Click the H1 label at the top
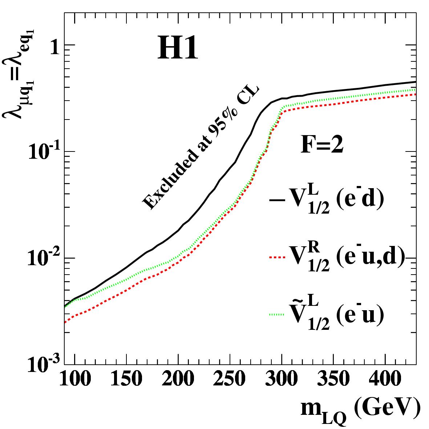[178, 50]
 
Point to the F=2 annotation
[322, 145]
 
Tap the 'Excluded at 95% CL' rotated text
[200, 148]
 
